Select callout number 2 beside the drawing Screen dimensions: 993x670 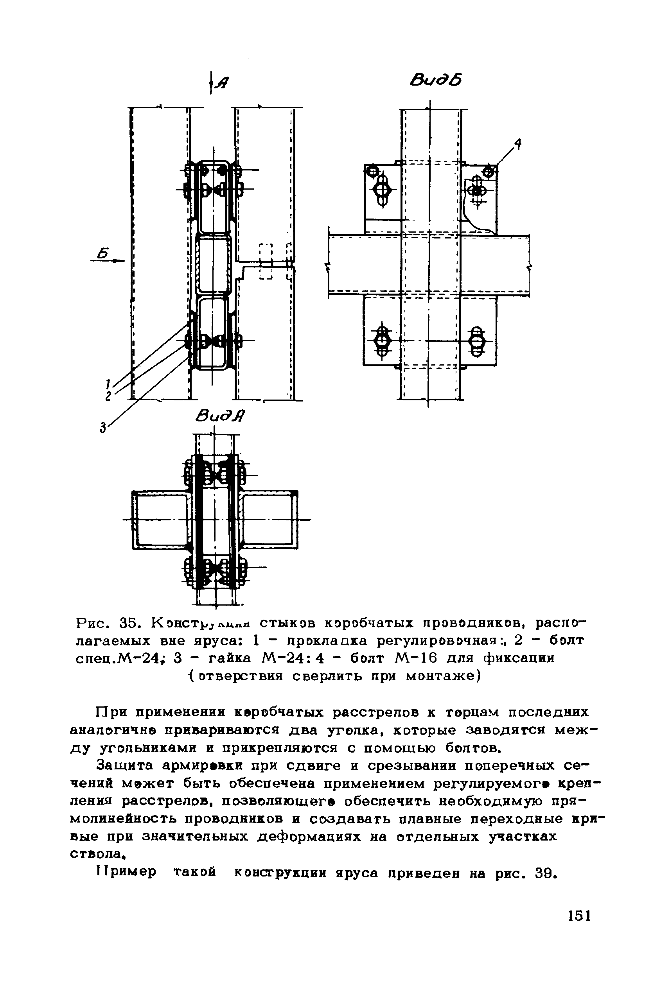[108, 396]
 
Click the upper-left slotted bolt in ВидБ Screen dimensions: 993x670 [382, 190]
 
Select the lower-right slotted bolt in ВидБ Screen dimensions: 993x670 [476, 341]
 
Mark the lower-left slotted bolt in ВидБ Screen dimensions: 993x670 [383, 341]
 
